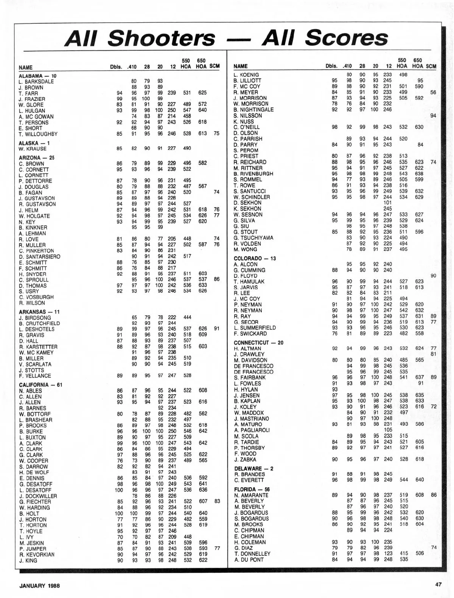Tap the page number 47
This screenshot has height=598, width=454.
click(438, 584)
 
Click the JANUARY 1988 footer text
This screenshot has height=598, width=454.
click(40, 586)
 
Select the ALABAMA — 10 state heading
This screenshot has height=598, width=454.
click(37, 76)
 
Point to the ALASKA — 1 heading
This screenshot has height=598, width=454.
click(34, 143)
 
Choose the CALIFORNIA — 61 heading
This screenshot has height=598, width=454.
click(41, 385)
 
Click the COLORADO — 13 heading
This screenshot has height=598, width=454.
click(255, 259)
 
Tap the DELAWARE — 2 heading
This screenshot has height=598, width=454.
click(253, 469)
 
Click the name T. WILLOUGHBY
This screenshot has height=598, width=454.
click(38, 134)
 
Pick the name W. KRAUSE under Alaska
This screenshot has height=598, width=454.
click(33, 149)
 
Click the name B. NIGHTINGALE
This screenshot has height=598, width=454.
click(253, 110)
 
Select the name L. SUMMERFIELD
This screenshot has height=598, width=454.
click(255, 328)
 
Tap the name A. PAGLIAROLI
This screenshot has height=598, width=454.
click(252, 430)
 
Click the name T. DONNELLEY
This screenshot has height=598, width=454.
click(252, 554)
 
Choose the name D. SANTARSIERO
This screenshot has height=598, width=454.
click(39, 257)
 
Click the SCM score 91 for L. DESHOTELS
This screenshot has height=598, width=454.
click(217, 329)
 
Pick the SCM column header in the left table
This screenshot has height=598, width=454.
click(214, 66)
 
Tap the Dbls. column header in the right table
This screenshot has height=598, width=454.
click(332, 66)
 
